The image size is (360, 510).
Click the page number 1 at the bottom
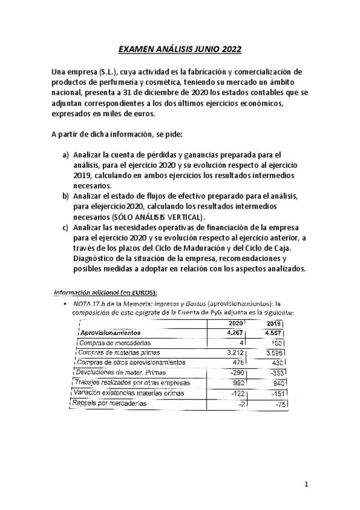pos(306,484)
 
